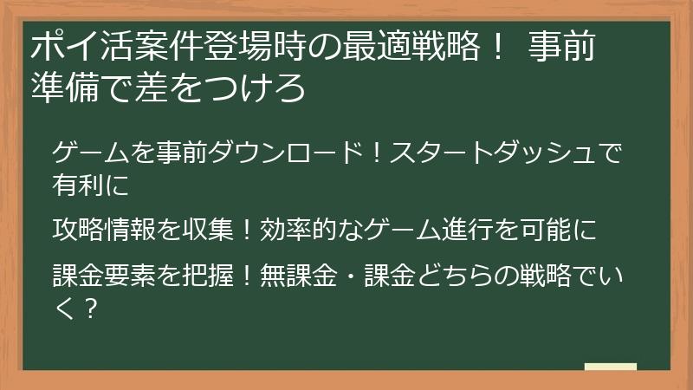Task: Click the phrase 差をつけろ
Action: tap(229, 88)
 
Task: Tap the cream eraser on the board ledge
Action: tap(610, 367)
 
